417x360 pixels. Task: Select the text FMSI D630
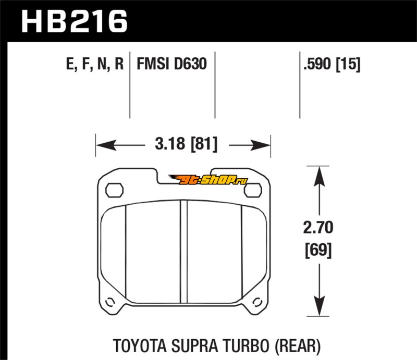tap(171, 65)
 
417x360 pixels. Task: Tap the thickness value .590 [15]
tap(330, 65)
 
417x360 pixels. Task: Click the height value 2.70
tap(318, 228)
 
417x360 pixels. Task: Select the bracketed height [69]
tap(318, 251)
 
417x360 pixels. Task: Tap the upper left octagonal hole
tap(114, 190)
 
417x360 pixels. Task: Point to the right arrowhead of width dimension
tap(265, 142)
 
